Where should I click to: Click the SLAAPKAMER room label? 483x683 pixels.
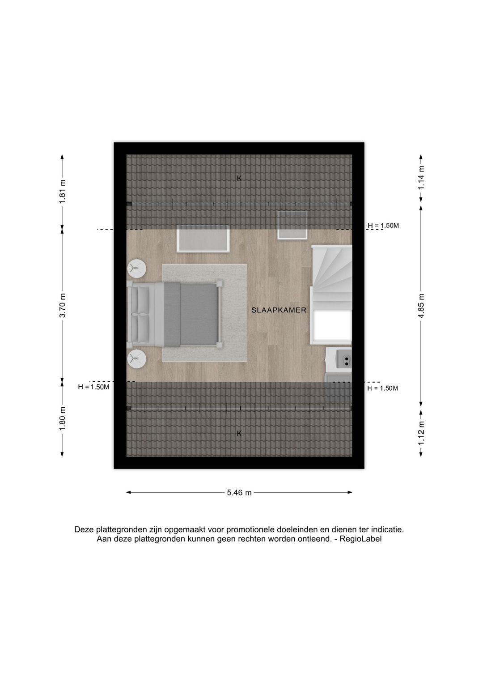[x=279, y=310]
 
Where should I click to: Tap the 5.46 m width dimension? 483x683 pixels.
[x=239, y=492]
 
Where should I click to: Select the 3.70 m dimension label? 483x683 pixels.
[x=63, y=305]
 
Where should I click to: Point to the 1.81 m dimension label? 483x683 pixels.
[x=63, y=191]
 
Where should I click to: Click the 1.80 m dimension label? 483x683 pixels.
[x=63, y=418]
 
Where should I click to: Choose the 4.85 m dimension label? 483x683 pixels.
[x=421, y=306]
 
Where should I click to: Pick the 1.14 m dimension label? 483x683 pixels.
[x=421, y=178]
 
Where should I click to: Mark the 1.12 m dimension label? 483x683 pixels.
[x=421, y=433]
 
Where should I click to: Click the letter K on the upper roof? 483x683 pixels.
[x=239, y=178]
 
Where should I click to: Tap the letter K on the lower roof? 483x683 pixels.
[x=239, y=433]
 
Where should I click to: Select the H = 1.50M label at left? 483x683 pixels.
[x=93, y=387]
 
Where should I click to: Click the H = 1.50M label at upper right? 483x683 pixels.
[x=383, y=226]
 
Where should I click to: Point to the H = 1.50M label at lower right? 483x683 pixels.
[x=383, y=388]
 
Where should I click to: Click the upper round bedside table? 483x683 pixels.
[x=136, y=268]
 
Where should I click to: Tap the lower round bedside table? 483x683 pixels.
[x=136, y=359]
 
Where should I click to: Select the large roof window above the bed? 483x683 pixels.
[x=203, y=239]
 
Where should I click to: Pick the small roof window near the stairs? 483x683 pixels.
[x=292, y=225]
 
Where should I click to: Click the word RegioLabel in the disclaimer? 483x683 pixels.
[x=360, y=539]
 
